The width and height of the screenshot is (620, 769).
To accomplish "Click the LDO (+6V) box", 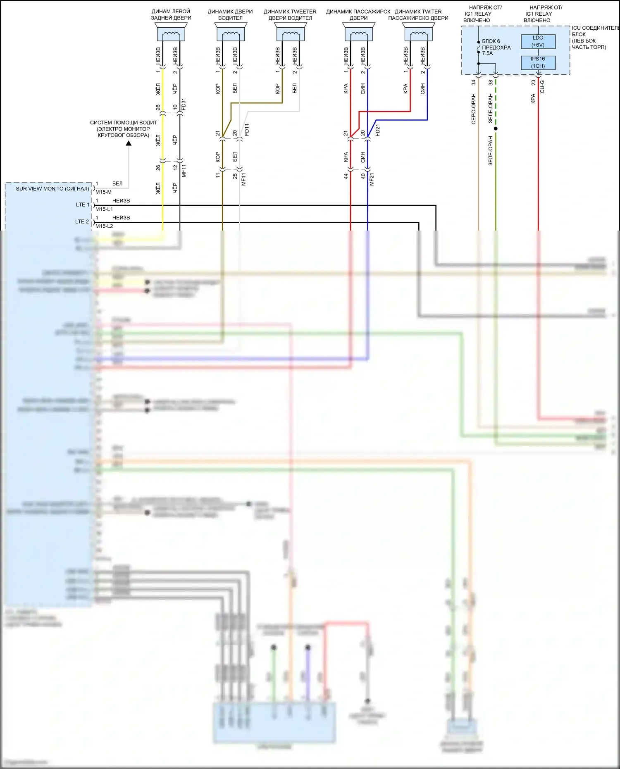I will pyautogui.click(x=538, y=41).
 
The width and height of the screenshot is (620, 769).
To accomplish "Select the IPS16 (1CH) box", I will pyautogui.click(x=538, y=62).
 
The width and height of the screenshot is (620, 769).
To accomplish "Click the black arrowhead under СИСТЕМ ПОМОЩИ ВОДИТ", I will pyautogui.click(x=129, y=143).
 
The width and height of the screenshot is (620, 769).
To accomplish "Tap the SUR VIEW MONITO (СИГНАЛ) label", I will pyautogui.click(x=52, y=189).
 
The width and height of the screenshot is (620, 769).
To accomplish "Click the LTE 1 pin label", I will pyautogui.click(x=82, y=205).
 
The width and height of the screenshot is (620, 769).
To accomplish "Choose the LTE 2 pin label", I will pyautogui.click(x=82, y=221).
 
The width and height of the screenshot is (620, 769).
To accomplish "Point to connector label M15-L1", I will pyautogui.click(x=104, y=209).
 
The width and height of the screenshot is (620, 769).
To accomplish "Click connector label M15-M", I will pyautogui.click(x=103, y=192).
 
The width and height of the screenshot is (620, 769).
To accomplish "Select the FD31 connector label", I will pyautogui.click(x=184, y=104).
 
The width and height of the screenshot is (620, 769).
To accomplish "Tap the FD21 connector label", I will pyautogui.click(x=377, y=130).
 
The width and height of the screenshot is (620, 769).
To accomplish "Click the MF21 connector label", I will pyautogui.click(x=372, y=179).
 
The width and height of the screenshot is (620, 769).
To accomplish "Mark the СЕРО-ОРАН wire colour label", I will pyautogui.click(x=474, y=109).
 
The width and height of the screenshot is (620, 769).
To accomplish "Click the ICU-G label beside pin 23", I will pyautogui.click(x=542, y=87).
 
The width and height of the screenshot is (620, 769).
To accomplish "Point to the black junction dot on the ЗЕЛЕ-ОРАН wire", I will pyautogui.click(x=496, y=129).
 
